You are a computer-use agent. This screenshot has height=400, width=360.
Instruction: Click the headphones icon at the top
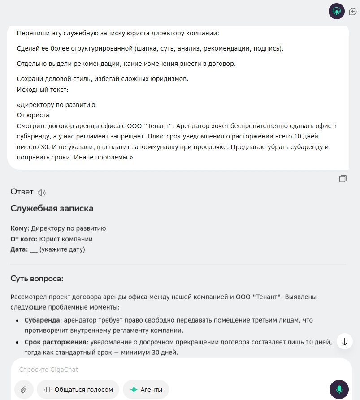tap(337, 11)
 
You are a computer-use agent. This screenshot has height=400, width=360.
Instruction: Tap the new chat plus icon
tap(353, 12)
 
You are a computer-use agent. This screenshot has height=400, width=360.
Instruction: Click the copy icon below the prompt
tap(343, 179)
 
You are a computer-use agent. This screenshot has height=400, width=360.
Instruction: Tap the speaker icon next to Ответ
tap(42, 193)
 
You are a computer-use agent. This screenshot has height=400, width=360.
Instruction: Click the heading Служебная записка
tap(52, 209)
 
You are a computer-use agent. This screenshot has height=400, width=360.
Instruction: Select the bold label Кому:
tap(20, 228)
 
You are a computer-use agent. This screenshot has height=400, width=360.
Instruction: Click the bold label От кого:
tap(24, 239)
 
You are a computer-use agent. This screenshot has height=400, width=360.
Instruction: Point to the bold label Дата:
tap(19, 249)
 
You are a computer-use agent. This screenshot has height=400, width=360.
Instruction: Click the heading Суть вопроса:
tap(37, 279)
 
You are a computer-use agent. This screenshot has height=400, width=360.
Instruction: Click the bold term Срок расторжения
tap(55, 343)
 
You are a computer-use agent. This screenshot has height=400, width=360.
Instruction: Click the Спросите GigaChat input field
tap(170, 370)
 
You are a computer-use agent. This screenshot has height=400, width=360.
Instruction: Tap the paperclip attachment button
tap(24, 390)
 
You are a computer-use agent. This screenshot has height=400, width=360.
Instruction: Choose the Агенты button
tap(146, 390)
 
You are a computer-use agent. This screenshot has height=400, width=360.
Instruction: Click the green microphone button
tap(339, 389)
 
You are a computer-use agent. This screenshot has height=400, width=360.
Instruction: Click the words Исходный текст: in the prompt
tap(43, 90)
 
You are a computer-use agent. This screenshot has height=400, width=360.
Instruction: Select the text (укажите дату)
tap(62, 249)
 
